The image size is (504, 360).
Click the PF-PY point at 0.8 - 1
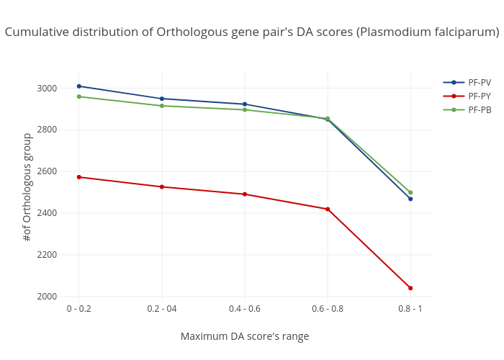click(410, 288)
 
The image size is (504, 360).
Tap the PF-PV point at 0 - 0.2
click(79, 86)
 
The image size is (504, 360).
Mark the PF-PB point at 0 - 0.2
click(79, 96)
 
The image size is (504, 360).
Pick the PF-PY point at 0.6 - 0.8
click(328, 209)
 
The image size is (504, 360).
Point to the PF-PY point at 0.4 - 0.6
click(245, 194)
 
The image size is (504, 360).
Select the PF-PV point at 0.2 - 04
click(162, 99)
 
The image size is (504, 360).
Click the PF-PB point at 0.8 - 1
click(410, 192)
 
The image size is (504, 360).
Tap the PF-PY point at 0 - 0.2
click(79, 177)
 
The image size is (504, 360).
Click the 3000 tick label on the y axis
click(48, 89)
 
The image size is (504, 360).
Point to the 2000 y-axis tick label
click(48, 297)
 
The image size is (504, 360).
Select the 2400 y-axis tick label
click(48, 213)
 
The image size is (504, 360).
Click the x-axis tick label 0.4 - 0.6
click(245, 309)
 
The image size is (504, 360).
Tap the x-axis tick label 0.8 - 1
click(410, 309)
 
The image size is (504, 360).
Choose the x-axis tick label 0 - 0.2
click(79, 309)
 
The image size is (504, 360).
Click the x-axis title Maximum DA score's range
click(245, 336)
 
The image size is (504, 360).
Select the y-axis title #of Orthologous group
click(27, 186)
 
